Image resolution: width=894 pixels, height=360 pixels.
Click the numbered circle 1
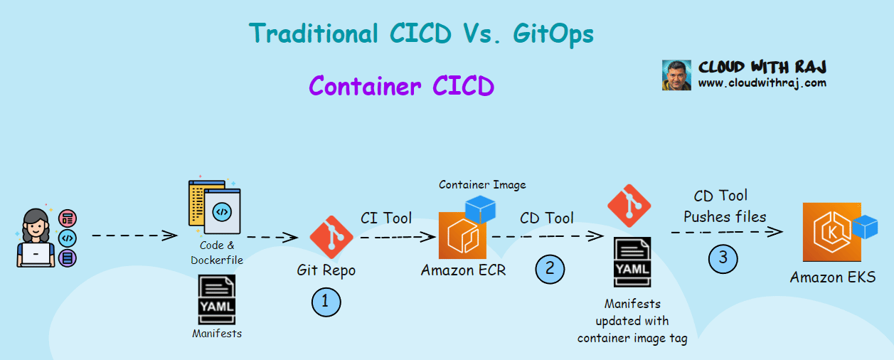(326, 302)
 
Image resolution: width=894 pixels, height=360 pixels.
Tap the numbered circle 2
(550, 270)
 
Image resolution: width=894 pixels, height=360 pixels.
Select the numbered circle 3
(723, 259)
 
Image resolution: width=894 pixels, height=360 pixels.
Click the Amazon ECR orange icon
(462, 235)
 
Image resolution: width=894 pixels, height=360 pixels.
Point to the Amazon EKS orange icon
(831, 232)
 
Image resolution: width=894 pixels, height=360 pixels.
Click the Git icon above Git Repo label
(331, 237)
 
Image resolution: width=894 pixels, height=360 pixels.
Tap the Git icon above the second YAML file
(629, 206)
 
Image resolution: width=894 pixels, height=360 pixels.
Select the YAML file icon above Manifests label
(217, 300)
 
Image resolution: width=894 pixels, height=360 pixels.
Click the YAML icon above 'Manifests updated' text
(632, 263)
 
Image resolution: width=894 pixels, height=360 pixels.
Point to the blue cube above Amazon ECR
(481, 209)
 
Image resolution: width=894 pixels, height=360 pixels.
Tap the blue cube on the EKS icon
(865, 227)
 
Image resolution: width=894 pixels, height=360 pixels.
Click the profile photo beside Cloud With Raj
(676, 75)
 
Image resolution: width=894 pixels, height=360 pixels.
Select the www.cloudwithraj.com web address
(762, 83)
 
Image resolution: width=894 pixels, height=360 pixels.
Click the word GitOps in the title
(553, 34)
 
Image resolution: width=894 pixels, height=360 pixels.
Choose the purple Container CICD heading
(402, 86)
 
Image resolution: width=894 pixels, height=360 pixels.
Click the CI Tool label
(386, 218)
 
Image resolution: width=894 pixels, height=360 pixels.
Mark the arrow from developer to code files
(134, 235)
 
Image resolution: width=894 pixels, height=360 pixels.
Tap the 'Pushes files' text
(725, 217)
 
